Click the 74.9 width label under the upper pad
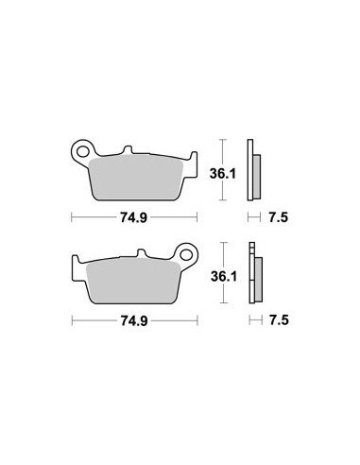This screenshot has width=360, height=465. (x=133, y=217)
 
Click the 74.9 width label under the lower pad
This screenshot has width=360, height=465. (x=134, y=320)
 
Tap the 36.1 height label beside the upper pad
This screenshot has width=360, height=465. (x=223, y=174)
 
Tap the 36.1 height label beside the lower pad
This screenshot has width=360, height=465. (x=224, y=276)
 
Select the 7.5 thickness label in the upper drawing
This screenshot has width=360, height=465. (x=278, y=217)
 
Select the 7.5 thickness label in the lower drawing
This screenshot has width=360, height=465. (x=279, y=320)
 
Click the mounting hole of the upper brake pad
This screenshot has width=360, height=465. (x=83, y=151)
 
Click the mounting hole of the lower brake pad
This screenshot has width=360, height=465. (x=187, y=254)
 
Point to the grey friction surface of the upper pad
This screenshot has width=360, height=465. (x=136, y=177)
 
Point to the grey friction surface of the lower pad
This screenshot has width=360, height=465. (x=133, y=281)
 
